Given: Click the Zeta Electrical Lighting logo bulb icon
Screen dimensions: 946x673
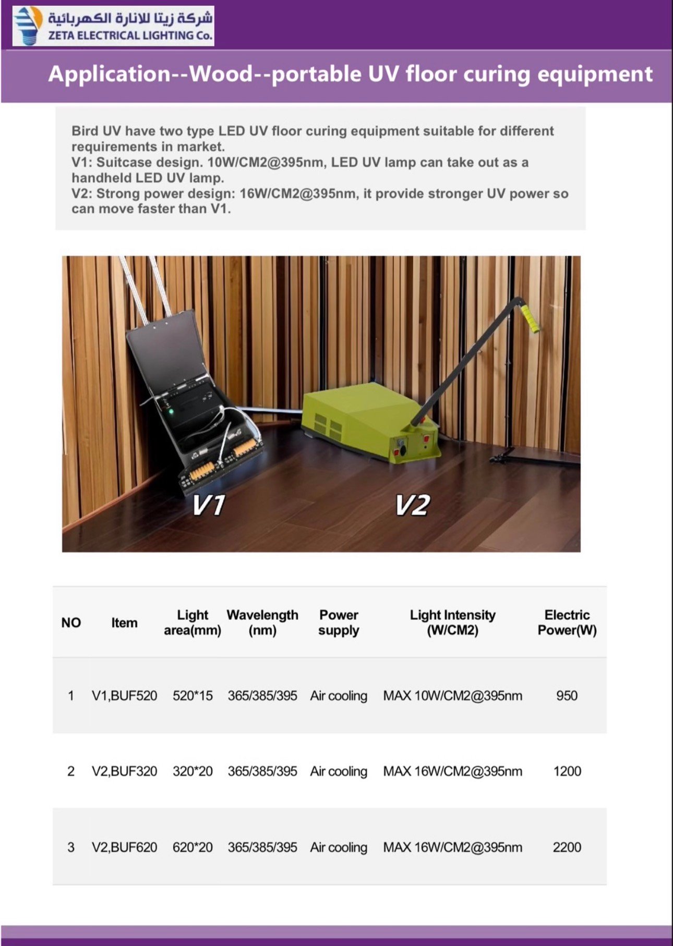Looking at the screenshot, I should click(x=27, y=26).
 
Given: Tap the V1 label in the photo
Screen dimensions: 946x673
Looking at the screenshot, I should click(x=209, y=505).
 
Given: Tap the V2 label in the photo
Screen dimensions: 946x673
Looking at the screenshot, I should click(x=412, y=505).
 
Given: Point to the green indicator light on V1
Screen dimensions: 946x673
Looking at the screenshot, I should click(x=171, y=412).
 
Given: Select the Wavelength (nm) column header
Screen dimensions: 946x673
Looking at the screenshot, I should click(x=262, y=622).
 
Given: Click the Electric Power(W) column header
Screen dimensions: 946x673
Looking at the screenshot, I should click(x=567, y=622).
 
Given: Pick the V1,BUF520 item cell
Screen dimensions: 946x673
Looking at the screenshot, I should click(x=124, y=696).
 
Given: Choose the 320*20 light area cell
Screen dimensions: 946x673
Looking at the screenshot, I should click(x=193, y=771).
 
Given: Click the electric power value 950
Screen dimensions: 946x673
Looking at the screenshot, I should click(x=567, y=696).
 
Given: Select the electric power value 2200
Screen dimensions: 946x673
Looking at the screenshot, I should click(x=567, y=847).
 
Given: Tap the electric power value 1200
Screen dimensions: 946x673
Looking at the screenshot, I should click(x=567, y=771).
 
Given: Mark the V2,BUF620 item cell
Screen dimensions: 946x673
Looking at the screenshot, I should click(x=124, y=847).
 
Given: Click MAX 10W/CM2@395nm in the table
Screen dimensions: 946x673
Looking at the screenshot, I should click(x=452, y=696).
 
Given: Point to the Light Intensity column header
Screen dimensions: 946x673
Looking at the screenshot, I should click(x=452, y=622).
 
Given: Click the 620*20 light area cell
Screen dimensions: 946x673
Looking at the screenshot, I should click(x=193, y=847).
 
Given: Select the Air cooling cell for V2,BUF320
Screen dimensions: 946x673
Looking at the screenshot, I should click(x=339, y=771).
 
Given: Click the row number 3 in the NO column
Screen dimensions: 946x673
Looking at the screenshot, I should click(x=71, y=847).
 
